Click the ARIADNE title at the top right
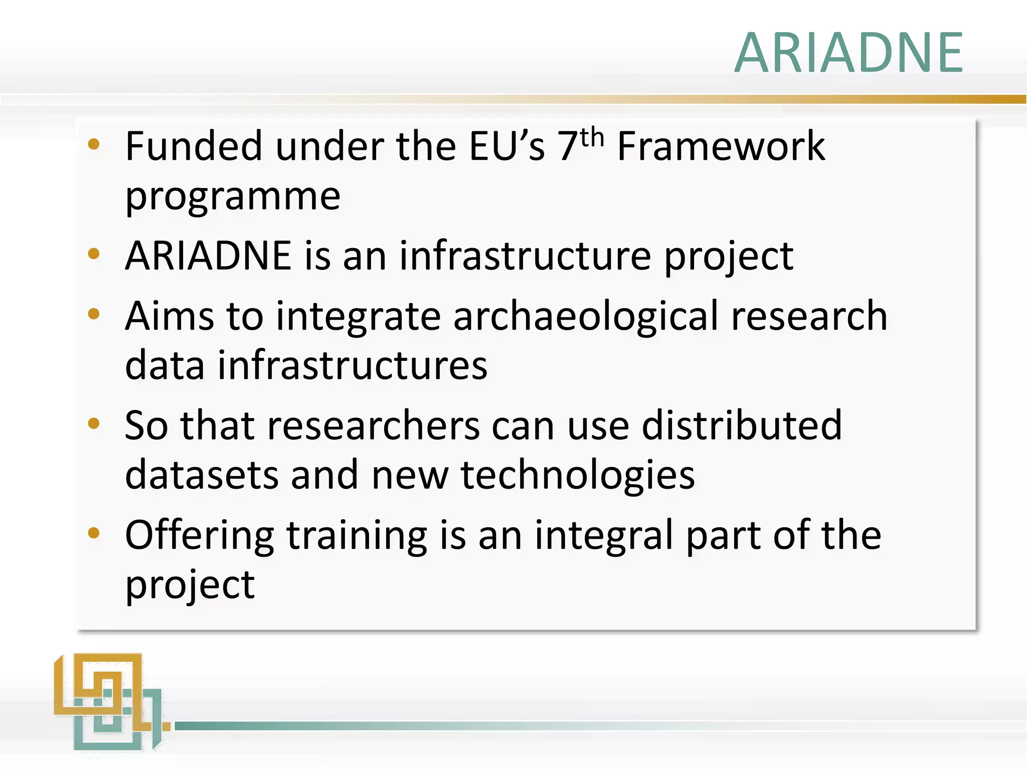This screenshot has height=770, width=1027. pyautogui.click(x=848, y=53)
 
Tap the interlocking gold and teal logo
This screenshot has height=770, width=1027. pyautogui.click(x=108, y=702)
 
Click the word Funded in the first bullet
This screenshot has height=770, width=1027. pyautogui.click(x=194, y=146)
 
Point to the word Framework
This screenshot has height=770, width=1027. pyautogui.click(x=721, y=146)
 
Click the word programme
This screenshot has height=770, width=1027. pyautogui.click(x=233, y=196)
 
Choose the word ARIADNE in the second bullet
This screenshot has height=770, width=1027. pyautogui.click(x=208, y=256)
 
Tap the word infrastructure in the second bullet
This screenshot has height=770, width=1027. pyautogui.click(x=525, y=256)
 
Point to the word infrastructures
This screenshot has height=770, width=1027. pyautogui.click(x=353, y=365)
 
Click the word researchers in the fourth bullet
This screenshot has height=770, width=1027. pyautogui.click(x=373, y=426)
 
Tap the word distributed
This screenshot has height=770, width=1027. pyautogui.click(x=742, y=426)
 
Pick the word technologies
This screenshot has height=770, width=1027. pyautogui.click(x=577, y=475)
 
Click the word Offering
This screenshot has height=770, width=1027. pyautogui.click(x=199, y=535)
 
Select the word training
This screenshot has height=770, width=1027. pyautogui.click(x=357, y=535)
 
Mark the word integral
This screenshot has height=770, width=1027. pyautogui.click(x=604, y=535)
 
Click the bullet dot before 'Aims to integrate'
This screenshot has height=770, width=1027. pyautogui.click(x=94, y=314)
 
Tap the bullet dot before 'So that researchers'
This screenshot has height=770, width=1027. pyautogui.click(x=94, y=424)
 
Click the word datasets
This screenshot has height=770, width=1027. pyautogui.click(x=201, y=475)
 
